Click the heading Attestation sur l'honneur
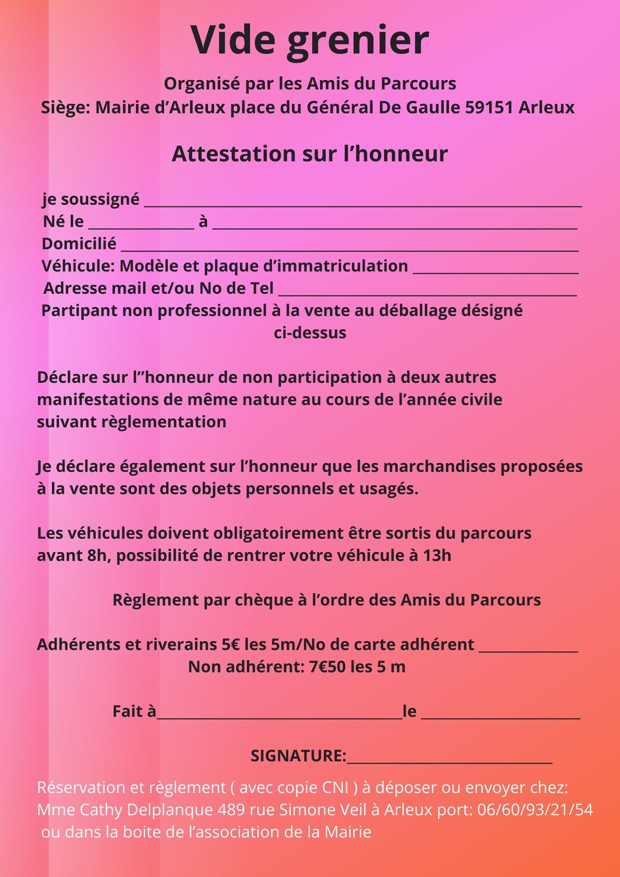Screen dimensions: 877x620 (310, 154)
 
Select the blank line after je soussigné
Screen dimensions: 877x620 (363, 204)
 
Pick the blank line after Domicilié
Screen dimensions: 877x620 (349, 249)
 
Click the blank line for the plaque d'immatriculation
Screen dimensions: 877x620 (495, 271)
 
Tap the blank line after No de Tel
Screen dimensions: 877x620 (427, 293)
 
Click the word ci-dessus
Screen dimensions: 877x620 (310, 333)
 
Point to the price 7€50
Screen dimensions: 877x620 (327, 667)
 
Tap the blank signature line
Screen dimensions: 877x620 (449, 761)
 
